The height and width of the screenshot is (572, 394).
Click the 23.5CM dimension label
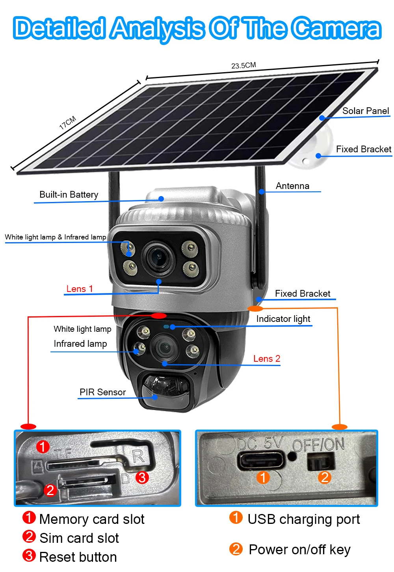(243, 65)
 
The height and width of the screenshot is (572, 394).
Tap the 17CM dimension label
(68, 123)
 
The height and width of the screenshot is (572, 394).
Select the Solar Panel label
(366, 111)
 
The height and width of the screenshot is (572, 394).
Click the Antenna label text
(292, 186)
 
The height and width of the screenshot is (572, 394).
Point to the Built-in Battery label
(69, 194)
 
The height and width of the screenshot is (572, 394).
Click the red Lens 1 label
(80, 289)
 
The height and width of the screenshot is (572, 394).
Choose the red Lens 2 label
(266, 359)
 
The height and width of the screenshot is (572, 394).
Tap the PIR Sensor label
(102, 392)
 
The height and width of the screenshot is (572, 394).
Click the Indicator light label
(283, 319)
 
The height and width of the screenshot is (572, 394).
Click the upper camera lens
(158, 258)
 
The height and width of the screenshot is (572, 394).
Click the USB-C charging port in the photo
(260, 460)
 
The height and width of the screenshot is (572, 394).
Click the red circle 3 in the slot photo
(142, 477)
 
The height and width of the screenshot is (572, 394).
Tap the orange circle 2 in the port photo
(325, 477)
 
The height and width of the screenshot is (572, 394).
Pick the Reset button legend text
(78, 557)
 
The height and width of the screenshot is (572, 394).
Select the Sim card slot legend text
(79, 538)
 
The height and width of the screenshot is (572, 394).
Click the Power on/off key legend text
(299, 550)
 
